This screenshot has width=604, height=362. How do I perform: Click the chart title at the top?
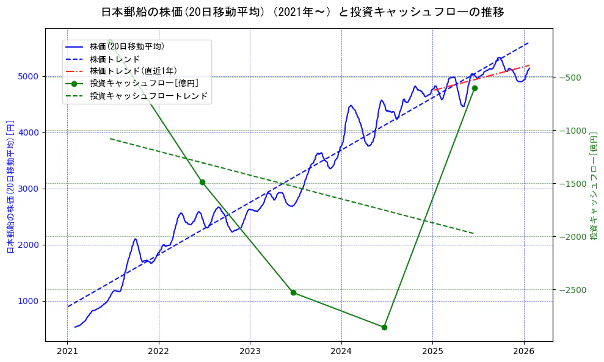point(302,12)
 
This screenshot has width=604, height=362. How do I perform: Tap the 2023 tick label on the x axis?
point(250,352)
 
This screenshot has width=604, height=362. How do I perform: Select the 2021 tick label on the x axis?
point(67,352)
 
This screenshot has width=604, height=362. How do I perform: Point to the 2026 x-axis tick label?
point(524,352)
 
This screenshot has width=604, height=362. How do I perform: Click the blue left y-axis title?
point(10,186)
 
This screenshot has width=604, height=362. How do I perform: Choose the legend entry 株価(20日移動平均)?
point(126,46)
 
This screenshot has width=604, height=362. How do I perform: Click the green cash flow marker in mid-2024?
point(384,327)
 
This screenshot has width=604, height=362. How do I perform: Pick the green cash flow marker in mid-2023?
point(293,292)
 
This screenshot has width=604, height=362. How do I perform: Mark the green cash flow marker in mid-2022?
point(202,182)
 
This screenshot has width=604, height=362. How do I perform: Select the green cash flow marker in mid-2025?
point(475,89)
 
